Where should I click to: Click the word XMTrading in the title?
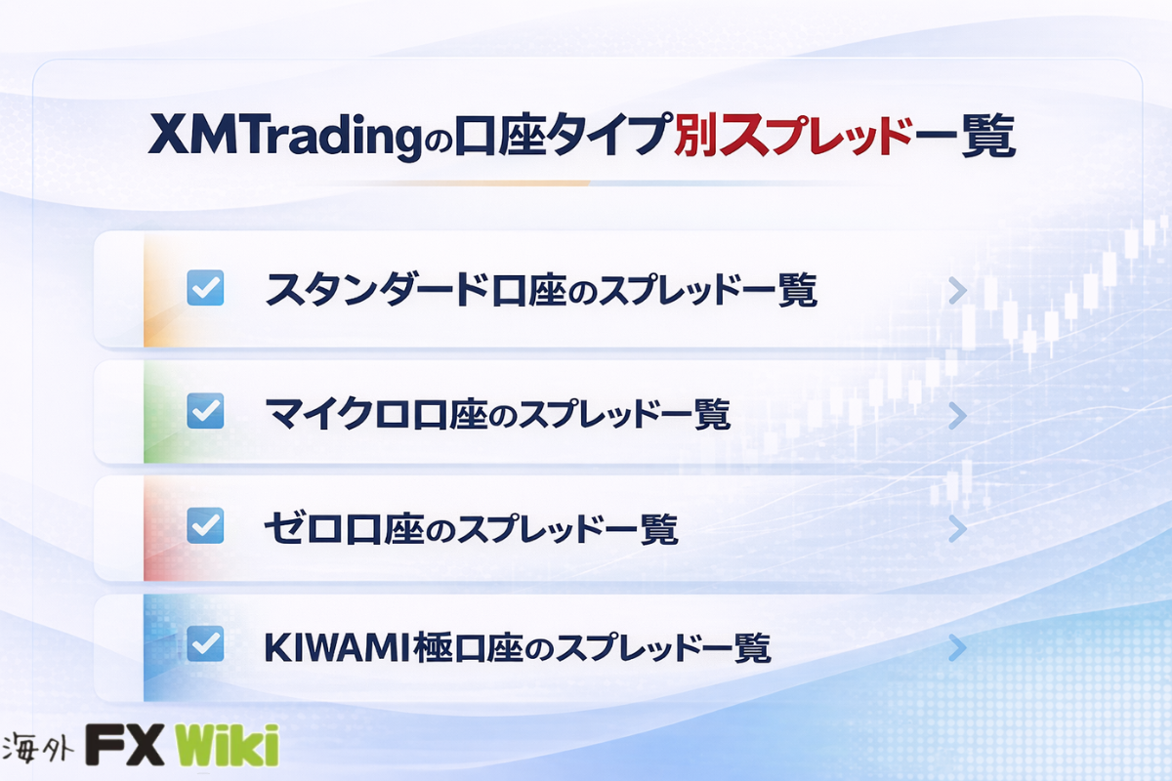tap(284, 135)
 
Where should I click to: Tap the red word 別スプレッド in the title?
tap(790, 134)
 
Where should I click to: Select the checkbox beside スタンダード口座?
tap(206, 288)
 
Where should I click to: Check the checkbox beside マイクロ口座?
tap(206, 411)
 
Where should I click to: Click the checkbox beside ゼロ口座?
tap(206, 525)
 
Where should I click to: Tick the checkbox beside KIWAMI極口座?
tap(206, 644)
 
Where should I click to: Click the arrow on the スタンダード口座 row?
tap(957, 291)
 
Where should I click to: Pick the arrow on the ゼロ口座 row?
tap(957, 529)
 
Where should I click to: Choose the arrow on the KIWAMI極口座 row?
tap(957, 648)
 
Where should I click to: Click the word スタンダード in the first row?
tap(377, 289)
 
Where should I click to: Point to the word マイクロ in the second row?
tap(337, 414)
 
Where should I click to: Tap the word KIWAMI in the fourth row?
tap(337, 647)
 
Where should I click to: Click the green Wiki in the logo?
tap(227, 744)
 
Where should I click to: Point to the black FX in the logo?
tap(125, 744)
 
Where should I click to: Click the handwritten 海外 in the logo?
tap(38, 747)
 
